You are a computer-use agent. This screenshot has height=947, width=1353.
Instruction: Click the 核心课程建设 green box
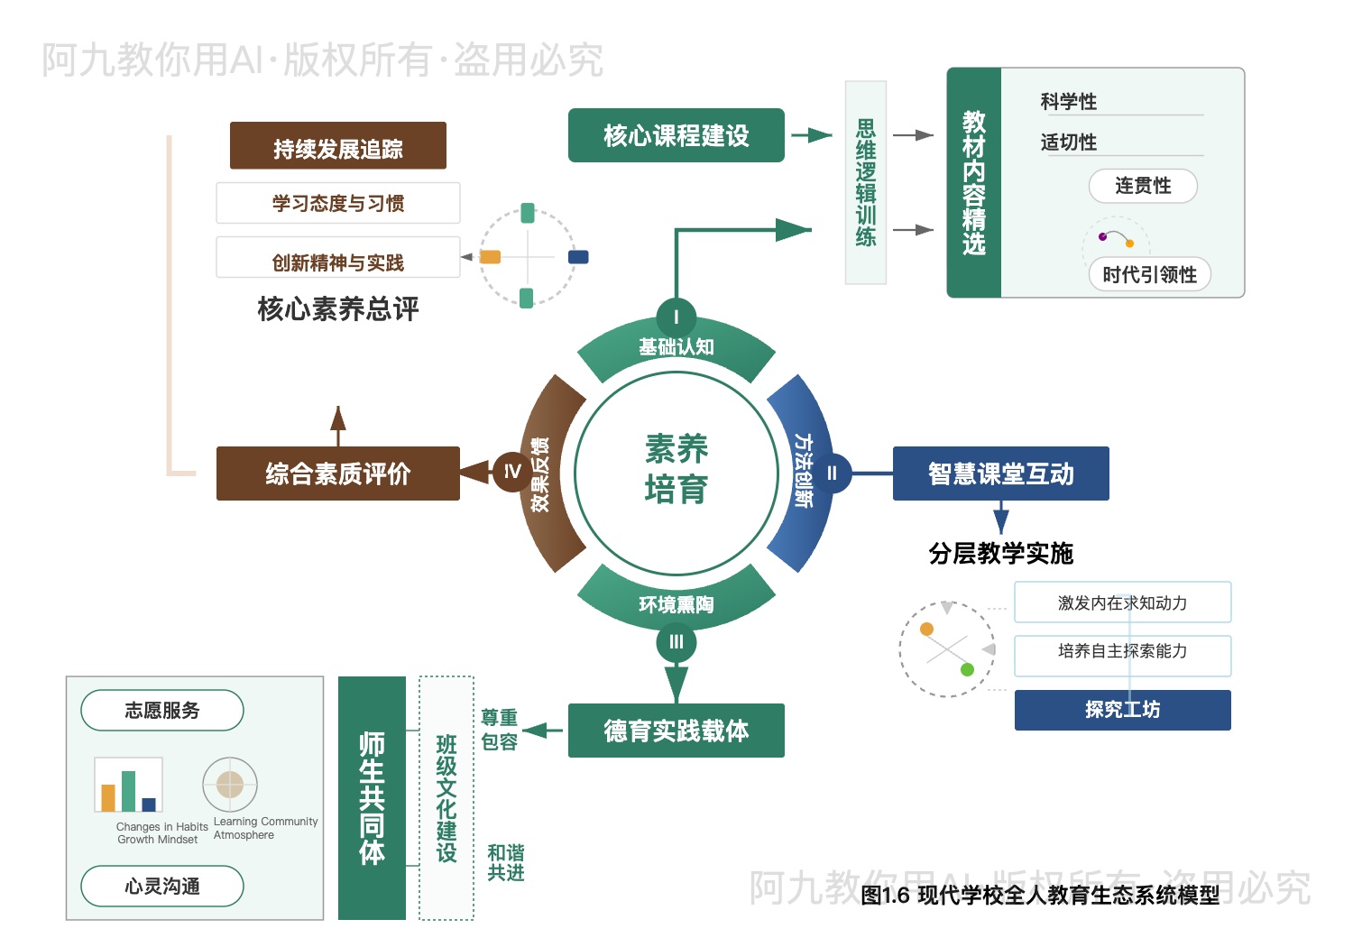coord(676,135)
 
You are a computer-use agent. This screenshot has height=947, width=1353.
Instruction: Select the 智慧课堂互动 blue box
coord(1000,473)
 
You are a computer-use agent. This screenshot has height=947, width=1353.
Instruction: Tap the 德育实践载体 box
coord(676,731)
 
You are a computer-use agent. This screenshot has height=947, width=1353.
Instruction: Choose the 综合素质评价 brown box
coord(337,473)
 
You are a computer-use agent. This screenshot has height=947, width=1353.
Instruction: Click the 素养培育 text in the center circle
coord(676,469)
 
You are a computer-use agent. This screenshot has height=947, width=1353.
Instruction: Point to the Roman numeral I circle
coord(676,317)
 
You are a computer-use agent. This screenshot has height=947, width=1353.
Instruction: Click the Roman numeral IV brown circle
coord(512,472)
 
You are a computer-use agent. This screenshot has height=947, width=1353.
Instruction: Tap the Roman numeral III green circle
coord(676,642)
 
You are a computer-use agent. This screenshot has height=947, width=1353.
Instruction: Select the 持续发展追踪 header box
coord(337,147)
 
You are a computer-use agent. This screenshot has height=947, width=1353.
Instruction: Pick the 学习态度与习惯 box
coord(337,203)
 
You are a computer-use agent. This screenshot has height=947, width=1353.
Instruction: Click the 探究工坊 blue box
coord(1122,710)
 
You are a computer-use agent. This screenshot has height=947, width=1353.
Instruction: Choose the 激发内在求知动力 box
coord(1122,602)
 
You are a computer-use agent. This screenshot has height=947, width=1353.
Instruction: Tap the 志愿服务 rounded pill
coord(162,711)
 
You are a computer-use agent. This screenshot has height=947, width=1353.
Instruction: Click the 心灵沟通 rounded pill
coord(162,887)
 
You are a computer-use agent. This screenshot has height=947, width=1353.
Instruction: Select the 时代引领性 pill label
coord(1149,274)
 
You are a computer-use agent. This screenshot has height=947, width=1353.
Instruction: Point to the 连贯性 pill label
coord(1143,186)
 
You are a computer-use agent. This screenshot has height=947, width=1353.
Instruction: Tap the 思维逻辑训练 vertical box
coord(866,182)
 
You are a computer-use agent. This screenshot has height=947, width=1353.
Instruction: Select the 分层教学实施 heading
coord(1000,553)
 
